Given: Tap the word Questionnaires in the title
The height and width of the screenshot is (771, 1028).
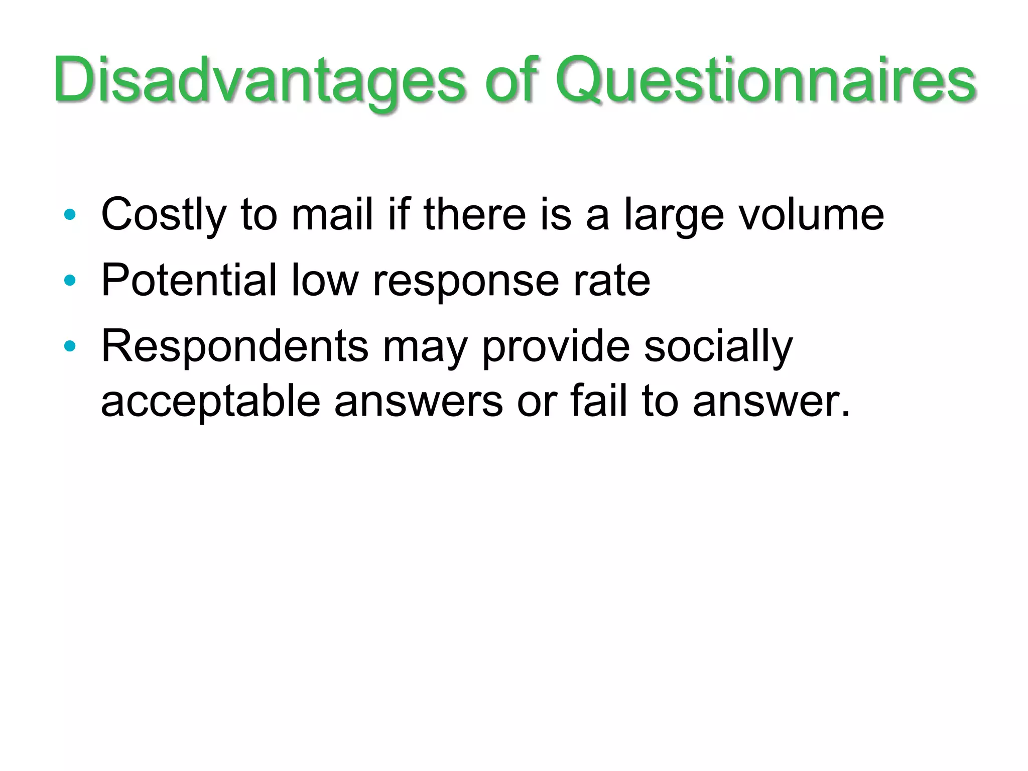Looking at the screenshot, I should click(x=765, y=80).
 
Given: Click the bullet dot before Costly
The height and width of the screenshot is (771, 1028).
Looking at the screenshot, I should click(x=70, y=215).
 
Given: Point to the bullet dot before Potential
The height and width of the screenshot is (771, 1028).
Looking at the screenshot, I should click(x=70, y=281).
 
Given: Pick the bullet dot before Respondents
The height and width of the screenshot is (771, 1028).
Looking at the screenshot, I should click(x=70, y=346).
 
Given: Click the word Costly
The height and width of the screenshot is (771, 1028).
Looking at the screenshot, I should click(x=164, y=215).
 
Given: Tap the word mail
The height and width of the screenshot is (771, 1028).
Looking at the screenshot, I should click(x=332, y=215).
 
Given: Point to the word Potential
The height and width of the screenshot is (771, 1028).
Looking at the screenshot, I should click(x=189, y=280).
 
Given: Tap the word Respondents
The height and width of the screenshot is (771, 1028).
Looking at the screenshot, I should click(x=235, y=346).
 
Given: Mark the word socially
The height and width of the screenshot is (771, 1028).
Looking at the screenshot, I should click(x=718, y=346).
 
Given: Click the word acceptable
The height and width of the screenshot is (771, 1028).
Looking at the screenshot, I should click(x=210, y=402).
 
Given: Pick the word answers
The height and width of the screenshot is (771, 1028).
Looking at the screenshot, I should click(x=419, y=402).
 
